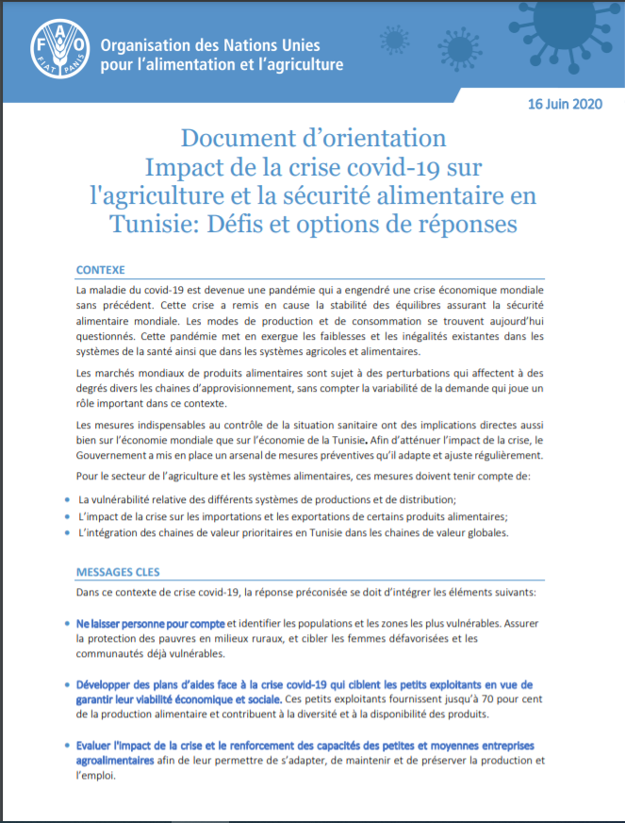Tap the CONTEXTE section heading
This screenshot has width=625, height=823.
(100, 269)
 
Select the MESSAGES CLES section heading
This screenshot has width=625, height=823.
(118, 572)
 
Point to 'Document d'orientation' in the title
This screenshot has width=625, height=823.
(313, 138)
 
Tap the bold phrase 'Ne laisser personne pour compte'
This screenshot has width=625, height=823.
(151, 624)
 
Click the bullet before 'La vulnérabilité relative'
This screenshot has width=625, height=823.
(65, 499)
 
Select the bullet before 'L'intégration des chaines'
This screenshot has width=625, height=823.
(65, 533)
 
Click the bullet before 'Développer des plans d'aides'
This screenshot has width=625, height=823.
(65, 684)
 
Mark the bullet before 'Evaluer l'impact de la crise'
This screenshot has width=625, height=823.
(65, 746)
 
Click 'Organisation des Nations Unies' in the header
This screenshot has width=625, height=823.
(210, 44)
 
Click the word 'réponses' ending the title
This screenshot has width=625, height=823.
(464, 226)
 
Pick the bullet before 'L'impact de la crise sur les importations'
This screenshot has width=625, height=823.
(65, 516)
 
